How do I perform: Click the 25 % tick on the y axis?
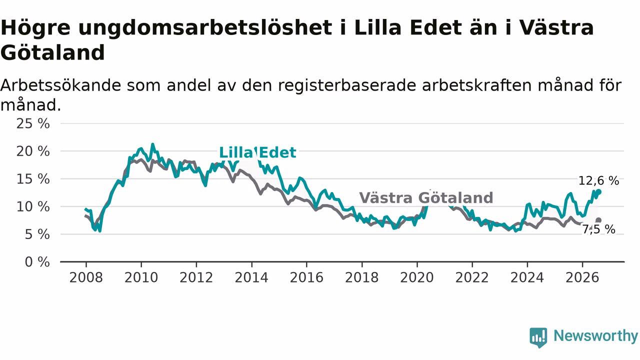(x=33, y=124)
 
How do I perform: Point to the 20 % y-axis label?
(x=33, y=151)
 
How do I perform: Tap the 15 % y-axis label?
(x=33, y=179)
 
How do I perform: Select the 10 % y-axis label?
(x=33, y=207)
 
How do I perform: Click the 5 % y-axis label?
(x=37, y=234)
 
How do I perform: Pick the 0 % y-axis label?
(x=37, y=262)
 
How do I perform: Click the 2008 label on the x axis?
(x=86, y=277)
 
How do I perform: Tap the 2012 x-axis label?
(x=196, y=277)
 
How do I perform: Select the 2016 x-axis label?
(x=306, y=277)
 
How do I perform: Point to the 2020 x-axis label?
(x=417, y=277)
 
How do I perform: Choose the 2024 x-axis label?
(x=527, y=277)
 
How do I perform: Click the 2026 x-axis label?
(x=582, y=277)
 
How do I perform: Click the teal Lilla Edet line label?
(x=257, y=152)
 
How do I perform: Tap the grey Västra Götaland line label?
(x=426, y=197)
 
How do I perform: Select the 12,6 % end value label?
(x=598, y=181)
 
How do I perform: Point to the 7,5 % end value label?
(x=598, y=229)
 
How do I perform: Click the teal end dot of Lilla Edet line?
(x=598, y=192)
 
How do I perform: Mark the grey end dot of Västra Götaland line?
(x=598, y=220)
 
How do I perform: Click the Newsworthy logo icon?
(x=538, y=337)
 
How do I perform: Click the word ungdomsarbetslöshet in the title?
(x=205, y=28)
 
